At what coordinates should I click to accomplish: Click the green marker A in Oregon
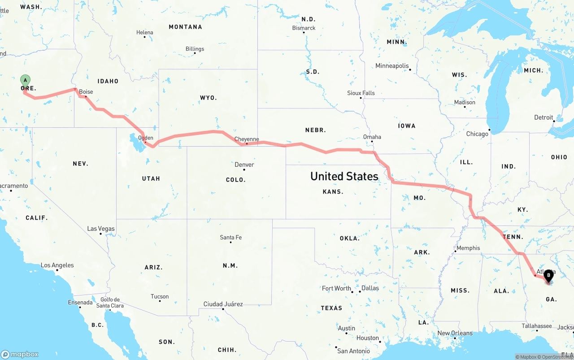26,81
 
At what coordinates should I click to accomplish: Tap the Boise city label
86,92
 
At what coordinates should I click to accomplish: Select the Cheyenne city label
247,139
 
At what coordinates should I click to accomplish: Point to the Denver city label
244,165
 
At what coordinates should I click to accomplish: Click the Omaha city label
372,137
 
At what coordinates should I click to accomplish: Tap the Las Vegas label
101,229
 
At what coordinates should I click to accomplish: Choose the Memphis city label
468,248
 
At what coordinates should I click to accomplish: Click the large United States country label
344,176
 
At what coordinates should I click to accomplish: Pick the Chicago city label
477,134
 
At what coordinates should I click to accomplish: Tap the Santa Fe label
230,237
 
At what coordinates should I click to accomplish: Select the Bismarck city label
304,28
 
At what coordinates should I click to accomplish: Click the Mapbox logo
20,354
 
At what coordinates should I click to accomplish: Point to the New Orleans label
455,333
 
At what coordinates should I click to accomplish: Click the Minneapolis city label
392,66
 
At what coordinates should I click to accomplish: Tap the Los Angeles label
57,265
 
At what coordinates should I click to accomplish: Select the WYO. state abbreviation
208,98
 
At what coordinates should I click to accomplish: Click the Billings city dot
195,53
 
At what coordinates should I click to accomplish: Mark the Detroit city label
544,117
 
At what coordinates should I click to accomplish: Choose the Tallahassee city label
537,326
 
